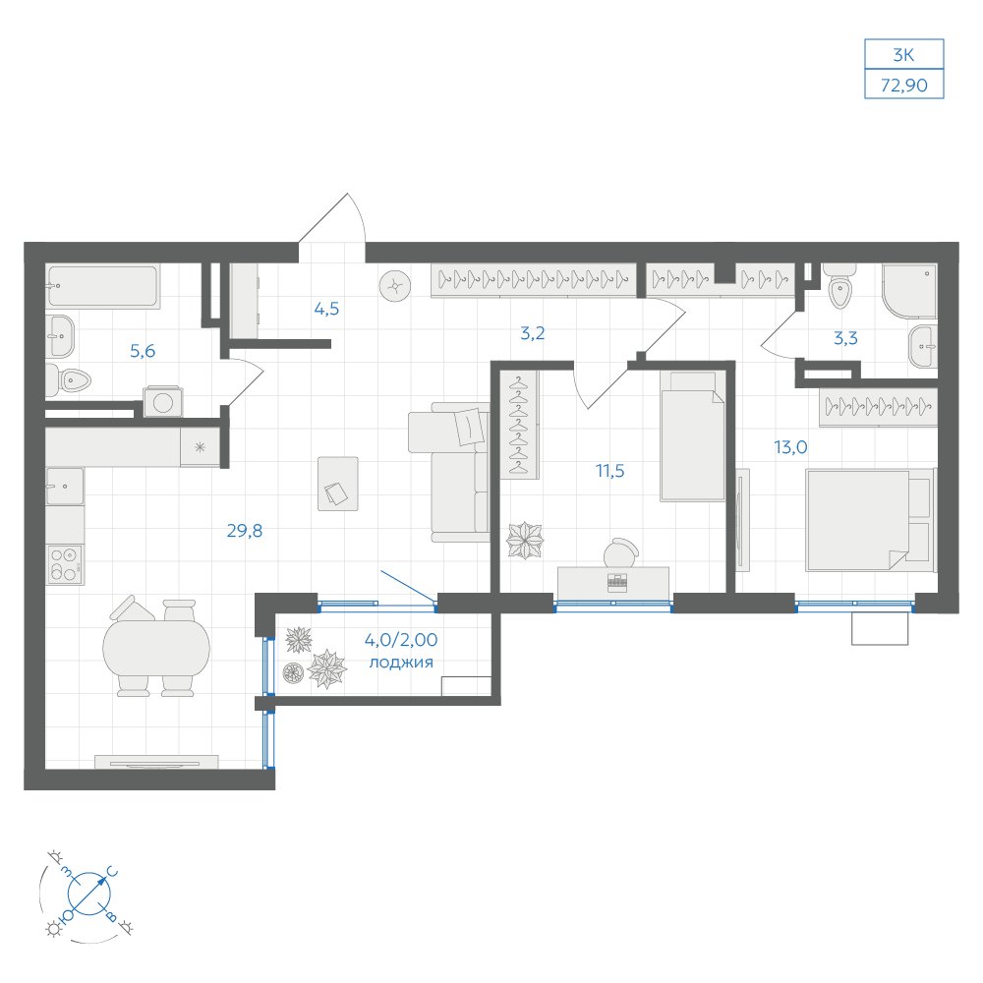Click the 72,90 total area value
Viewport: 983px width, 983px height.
pos(903,85)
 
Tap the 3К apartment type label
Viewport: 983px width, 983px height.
pos(903,55)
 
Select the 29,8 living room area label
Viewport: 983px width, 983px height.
pos(245,531)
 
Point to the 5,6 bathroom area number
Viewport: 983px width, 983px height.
pos(143,351)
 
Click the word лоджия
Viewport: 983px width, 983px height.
pos(401,663)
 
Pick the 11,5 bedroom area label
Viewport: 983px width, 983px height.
pos(610,470)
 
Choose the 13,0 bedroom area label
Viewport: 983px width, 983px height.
pos(790,447)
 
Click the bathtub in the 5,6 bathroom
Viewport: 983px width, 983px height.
pos(103,286)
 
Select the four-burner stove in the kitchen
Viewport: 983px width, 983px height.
pos(65,564)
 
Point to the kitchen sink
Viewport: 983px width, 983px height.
pos(65,486)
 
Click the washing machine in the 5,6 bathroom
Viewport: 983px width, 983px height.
pos(163,401)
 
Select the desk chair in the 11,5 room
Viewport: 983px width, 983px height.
pos(620,552)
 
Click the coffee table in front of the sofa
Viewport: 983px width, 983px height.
pos(338,484)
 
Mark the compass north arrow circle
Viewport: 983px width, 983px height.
pos(89,894)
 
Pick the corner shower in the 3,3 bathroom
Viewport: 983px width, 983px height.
pos(909,290)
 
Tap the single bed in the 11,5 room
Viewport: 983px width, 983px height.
pos(692,436)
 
